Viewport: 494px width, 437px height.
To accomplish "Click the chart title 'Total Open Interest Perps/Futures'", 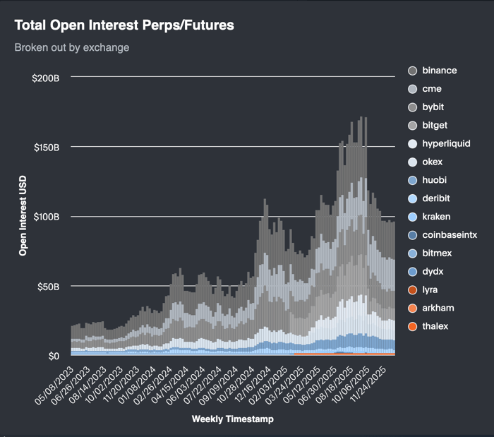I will click(x=124, y=25).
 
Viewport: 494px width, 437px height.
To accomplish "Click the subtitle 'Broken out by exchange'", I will click(x=72, y=48).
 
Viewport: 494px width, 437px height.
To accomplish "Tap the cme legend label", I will click(x=432, y=89).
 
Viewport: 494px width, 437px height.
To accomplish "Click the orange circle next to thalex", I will click(x=413, y=326).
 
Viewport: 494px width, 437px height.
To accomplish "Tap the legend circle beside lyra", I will click(x=413, y=289).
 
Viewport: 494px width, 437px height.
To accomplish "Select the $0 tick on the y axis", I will click(x=54, y=356).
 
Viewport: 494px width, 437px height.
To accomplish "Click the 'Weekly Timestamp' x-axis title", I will click(x=232, y=419).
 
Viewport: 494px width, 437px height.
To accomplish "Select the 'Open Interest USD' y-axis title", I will click(x=23, y=216).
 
